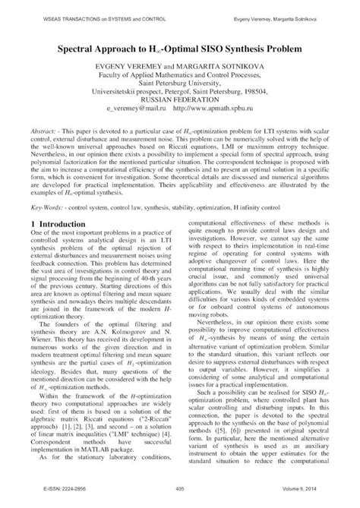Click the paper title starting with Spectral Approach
click(179, 48)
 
